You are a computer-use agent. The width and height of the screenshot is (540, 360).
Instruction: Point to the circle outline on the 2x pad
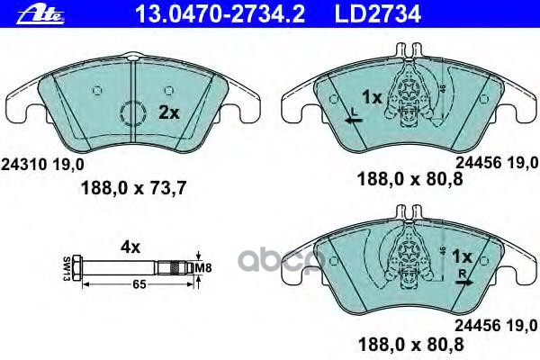(133, 115)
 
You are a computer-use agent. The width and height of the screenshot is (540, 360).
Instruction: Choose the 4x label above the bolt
(132, 244)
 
